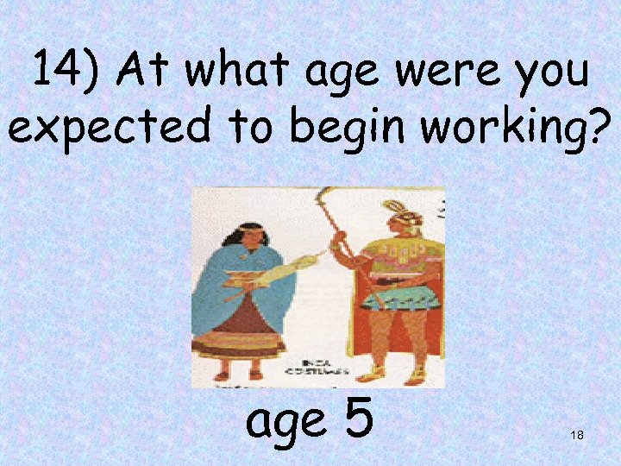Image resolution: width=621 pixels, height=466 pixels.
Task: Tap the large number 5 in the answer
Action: pos(356,419)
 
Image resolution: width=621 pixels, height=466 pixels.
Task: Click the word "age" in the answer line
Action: pos(287,423)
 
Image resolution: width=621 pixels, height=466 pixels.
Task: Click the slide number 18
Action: pos(577,436)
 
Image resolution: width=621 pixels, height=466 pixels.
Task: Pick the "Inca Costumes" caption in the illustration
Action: pos(325,368)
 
